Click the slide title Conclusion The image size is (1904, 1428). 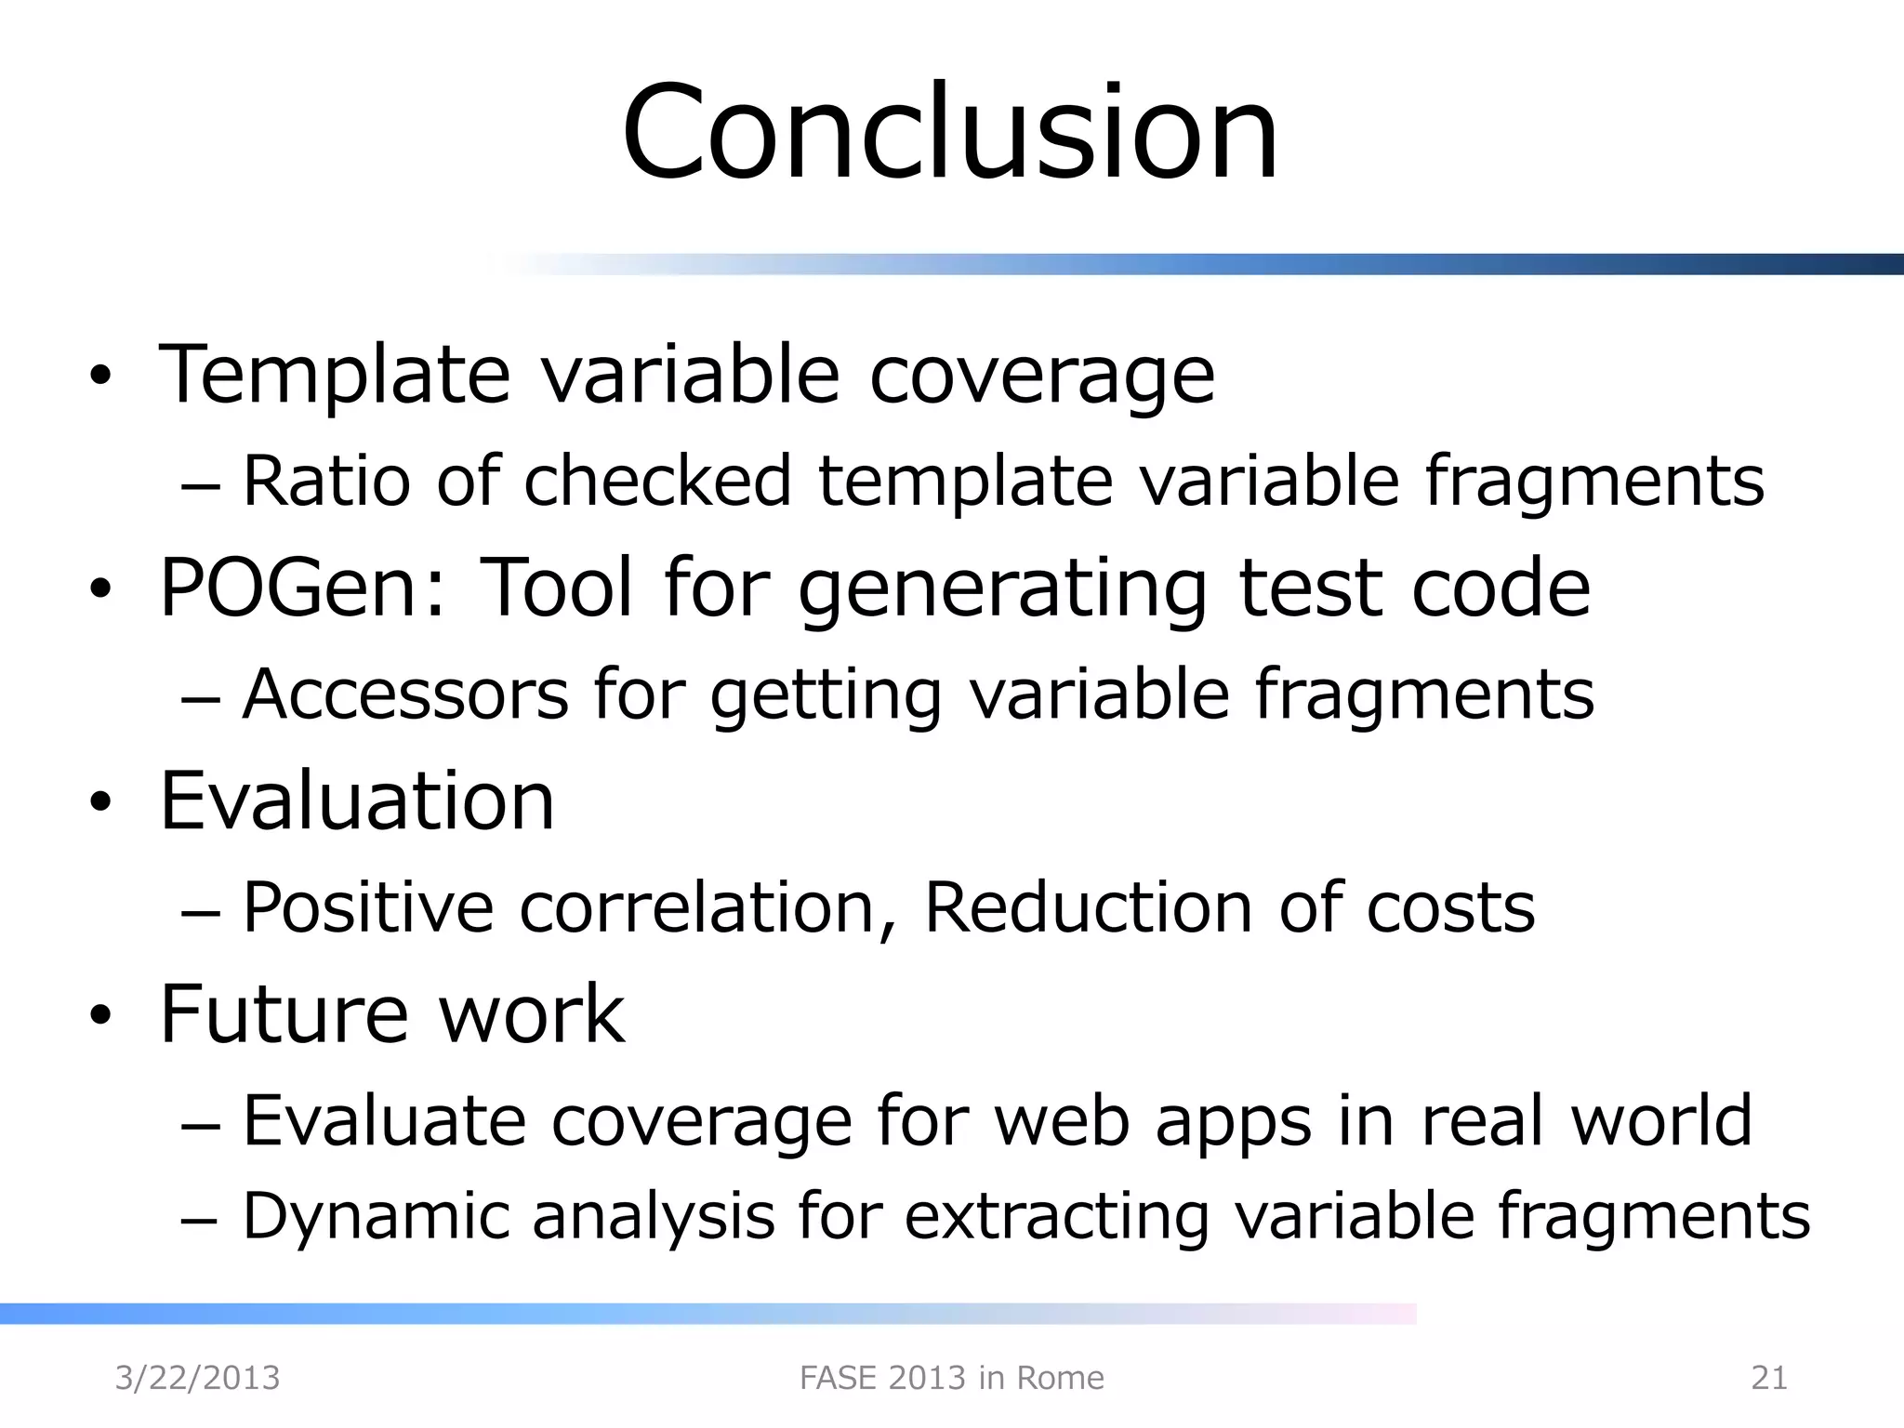click(x=950, y=133)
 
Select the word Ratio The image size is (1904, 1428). click(x=326, y=482)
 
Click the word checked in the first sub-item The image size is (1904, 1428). click(x=657, y=482)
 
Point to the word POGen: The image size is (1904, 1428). click(x=303, y=588)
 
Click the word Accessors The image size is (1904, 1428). click(x=405, y=694)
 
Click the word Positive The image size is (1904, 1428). click(x=368, y=907)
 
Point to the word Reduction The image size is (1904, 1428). click(x=1088, y=907)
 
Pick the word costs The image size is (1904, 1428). click(x=1450, y=907)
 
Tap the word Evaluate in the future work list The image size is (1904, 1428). click(x=385, y=1120)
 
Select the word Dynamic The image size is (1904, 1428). click(x=377, y=1216)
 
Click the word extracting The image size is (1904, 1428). click(x=1057, y=1216)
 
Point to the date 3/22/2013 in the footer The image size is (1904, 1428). click(x=197, y=1378)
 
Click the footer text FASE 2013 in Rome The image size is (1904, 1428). click(x=951, y=1378)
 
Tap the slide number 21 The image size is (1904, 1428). click(x=1768, y=1378)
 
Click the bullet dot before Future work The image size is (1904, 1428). click(x=100, y=1016)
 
